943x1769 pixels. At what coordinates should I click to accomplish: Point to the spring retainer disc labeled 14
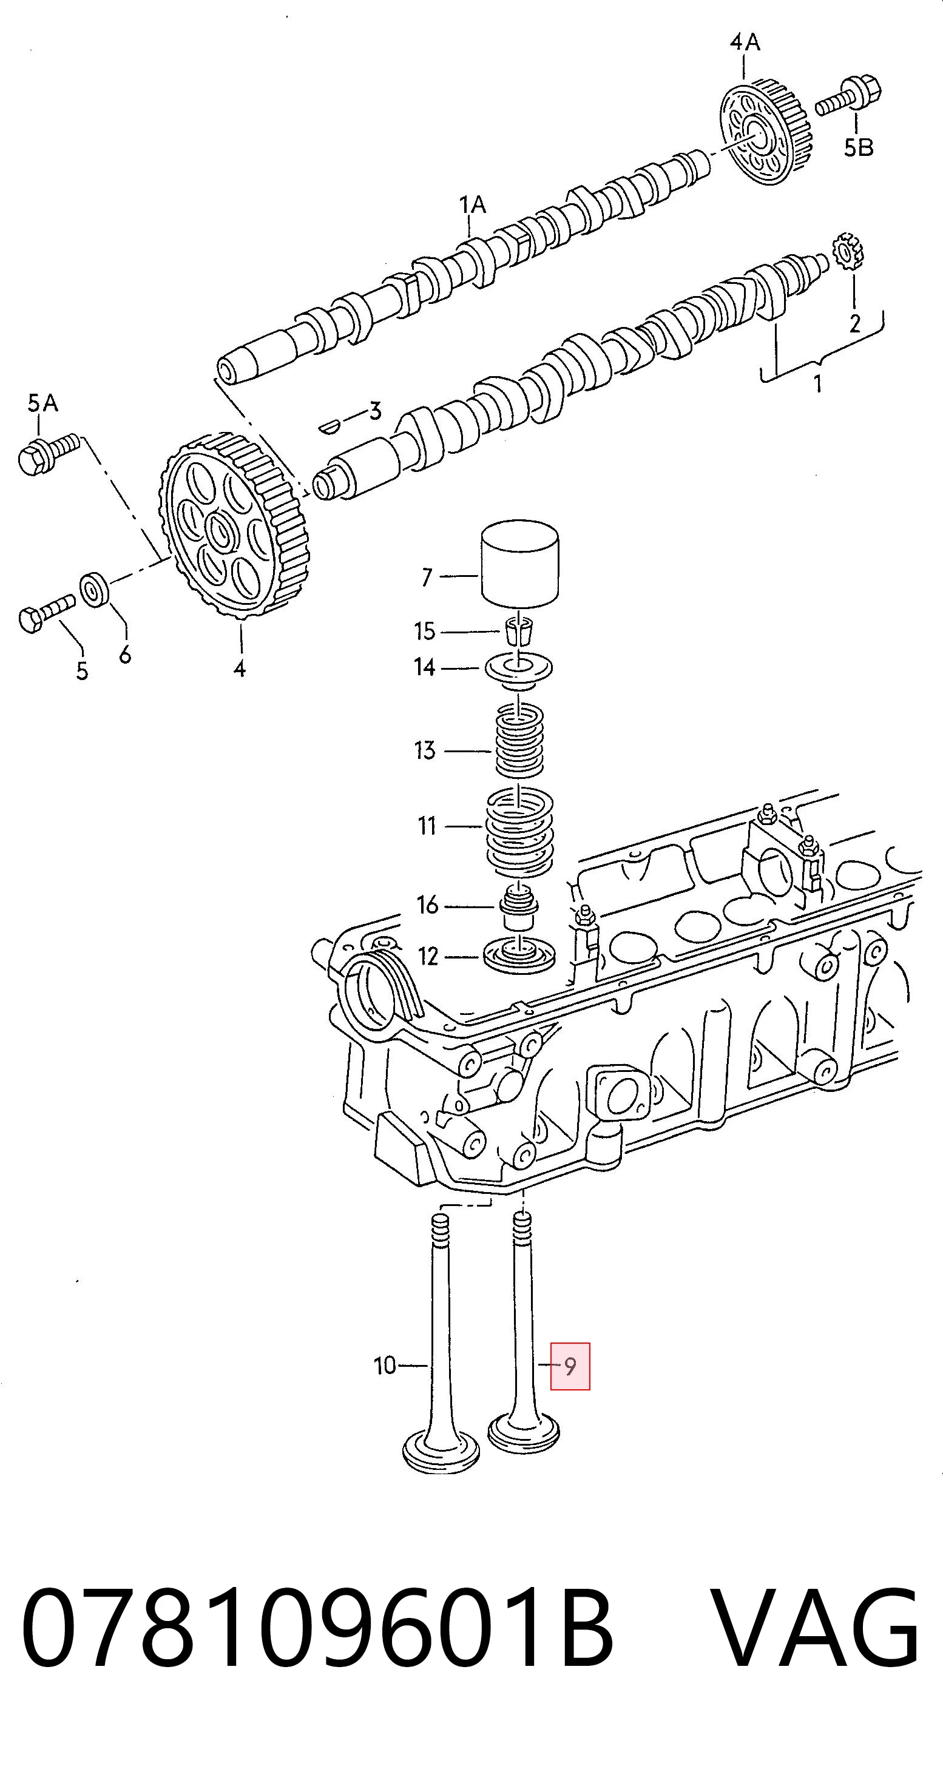pos(519,670)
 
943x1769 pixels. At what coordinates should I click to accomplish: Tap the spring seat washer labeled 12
pos(519,957)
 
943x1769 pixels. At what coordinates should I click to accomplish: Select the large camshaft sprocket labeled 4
pos(234,525)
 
